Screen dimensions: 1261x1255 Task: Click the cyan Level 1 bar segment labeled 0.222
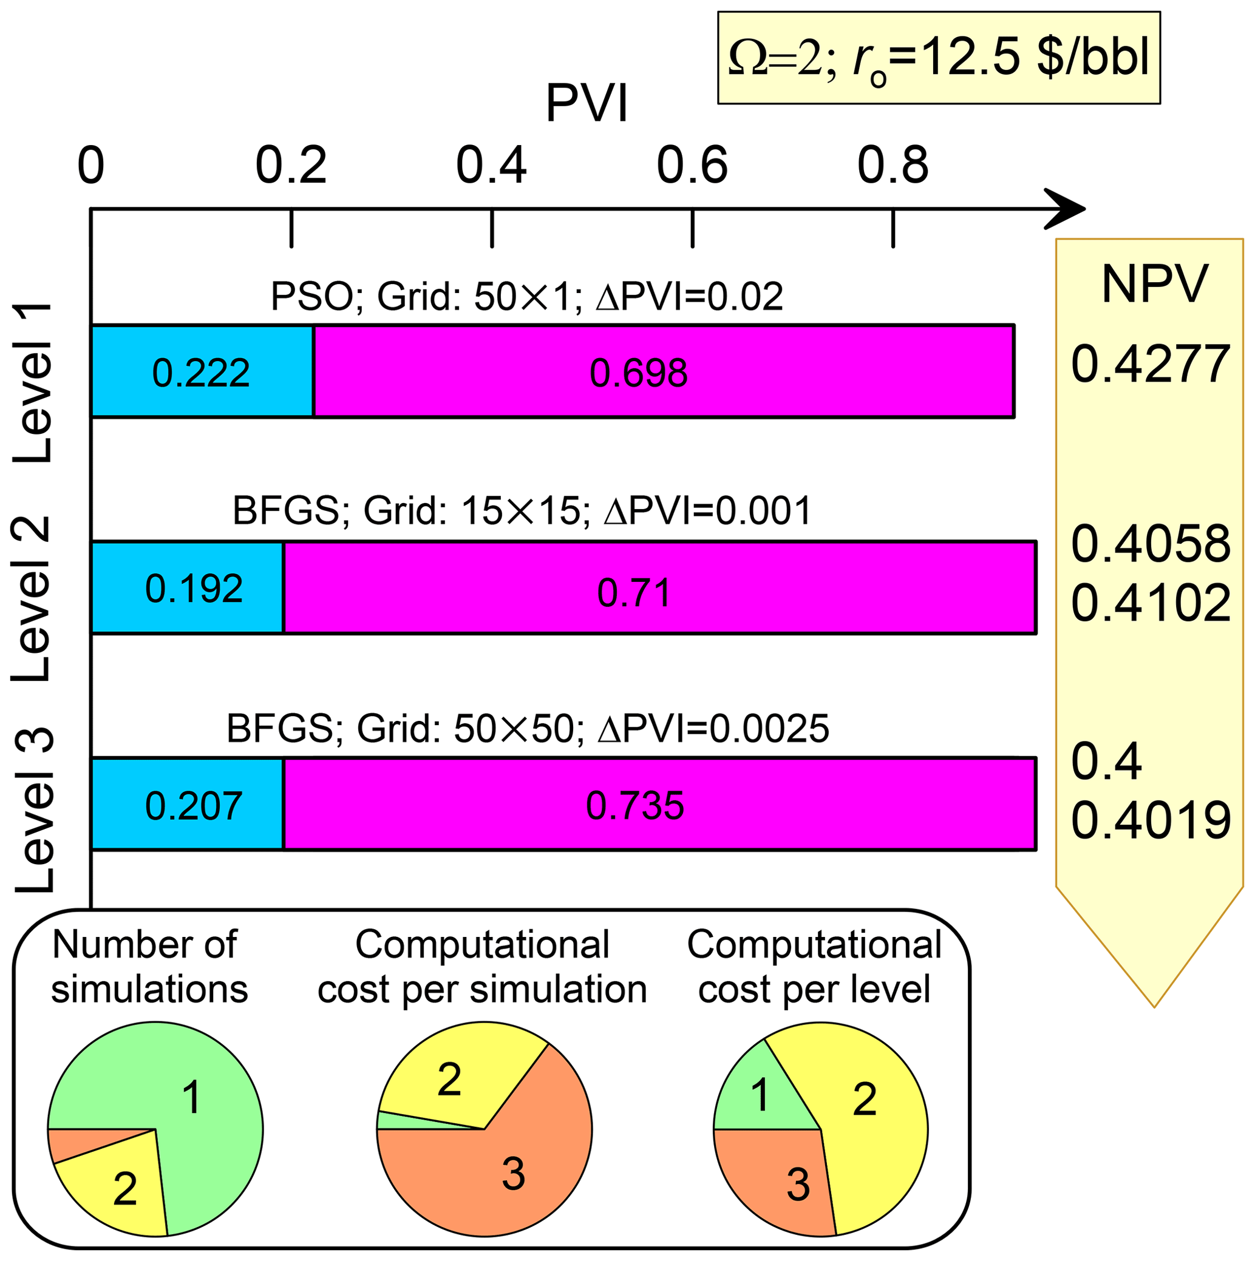click(201, 371)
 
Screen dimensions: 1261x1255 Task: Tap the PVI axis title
click(587, 103)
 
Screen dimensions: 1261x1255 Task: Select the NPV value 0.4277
click(1151, 363)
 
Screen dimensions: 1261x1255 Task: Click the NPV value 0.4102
click(1151, 603)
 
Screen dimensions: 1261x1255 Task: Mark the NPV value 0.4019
click(1151, 820)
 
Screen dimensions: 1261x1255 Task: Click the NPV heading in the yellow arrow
click(1154, 284)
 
